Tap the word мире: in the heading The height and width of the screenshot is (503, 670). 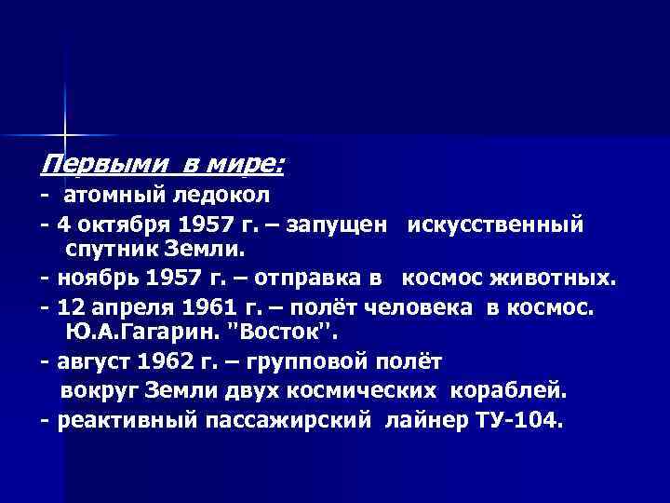point(250,166)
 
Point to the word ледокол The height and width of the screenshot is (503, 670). point(223,197)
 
